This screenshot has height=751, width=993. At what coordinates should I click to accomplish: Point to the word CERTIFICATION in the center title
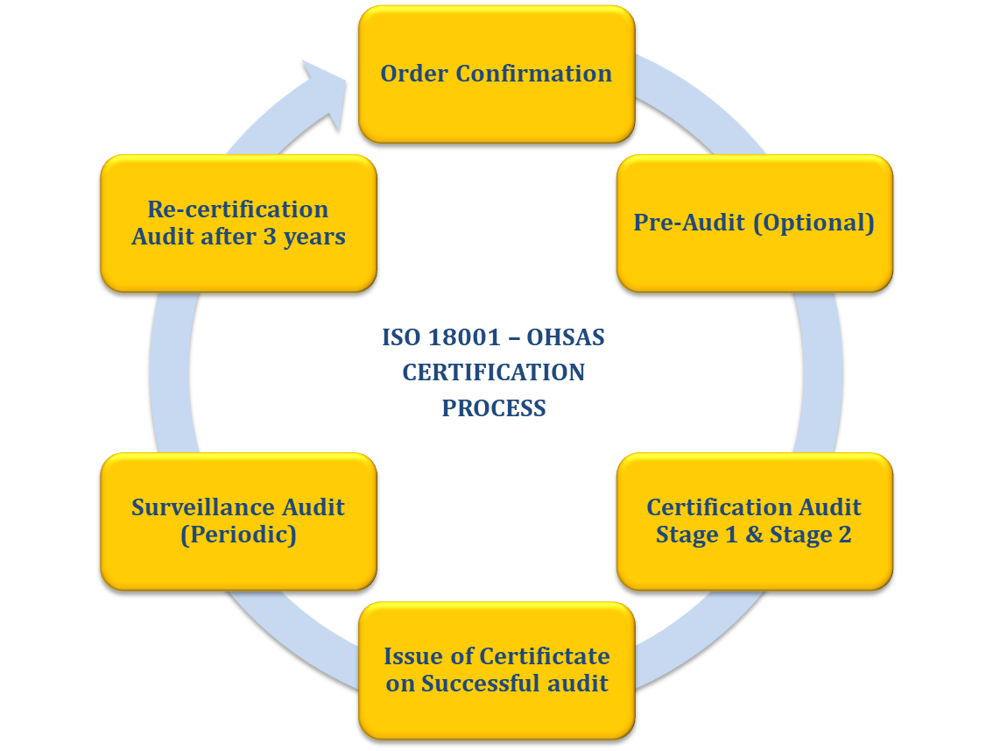click(494, 372)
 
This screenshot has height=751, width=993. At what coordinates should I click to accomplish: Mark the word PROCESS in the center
click(494, 408)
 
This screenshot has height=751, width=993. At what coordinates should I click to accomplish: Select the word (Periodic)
click(238, 535)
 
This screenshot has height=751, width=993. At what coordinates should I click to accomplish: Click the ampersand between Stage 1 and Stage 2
click(754, 535)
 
